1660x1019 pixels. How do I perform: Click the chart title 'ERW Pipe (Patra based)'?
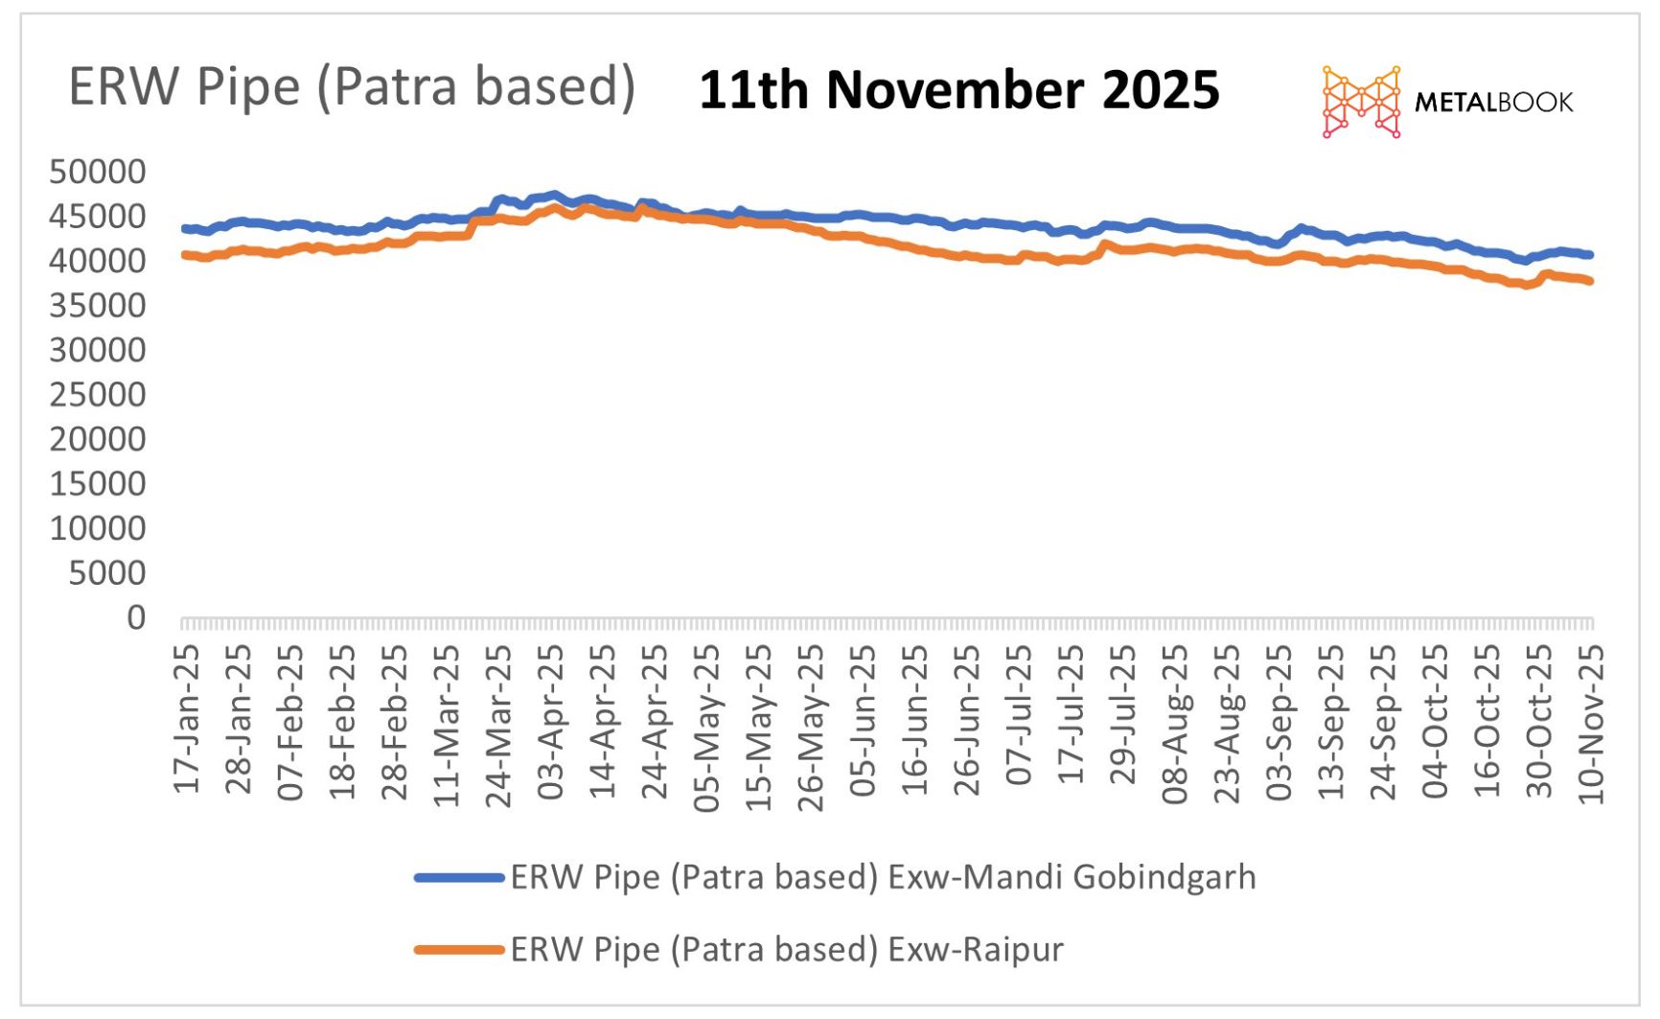point(352,87)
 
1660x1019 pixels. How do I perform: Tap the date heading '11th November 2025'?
point(958,91)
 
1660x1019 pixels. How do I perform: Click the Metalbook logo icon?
point(1361,102)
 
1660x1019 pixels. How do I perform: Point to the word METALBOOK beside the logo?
point(1493,103)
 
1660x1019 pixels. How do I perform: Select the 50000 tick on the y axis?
point(98,173)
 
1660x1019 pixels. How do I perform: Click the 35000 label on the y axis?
point(98,306)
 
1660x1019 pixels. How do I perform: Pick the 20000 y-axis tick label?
point(98,439)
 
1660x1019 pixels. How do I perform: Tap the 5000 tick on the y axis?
point(106,573)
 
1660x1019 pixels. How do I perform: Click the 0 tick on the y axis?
point(136,618)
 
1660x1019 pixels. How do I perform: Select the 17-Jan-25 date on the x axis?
point(187,719)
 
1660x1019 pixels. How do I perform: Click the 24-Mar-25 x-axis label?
point(499,725)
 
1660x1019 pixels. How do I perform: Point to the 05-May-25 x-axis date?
point(707,728)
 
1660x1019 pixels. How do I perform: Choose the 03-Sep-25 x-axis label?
point(1280,723)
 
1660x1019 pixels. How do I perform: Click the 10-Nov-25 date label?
point(1591,724)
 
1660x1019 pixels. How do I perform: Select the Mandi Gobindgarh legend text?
point(883,877)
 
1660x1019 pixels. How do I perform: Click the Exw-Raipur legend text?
point(787,950)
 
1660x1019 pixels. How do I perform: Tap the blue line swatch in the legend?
point(459,877)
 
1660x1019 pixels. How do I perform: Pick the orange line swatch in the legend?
point(459,950)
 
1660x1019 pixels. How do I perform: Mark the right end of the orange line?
point(1590,281)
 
